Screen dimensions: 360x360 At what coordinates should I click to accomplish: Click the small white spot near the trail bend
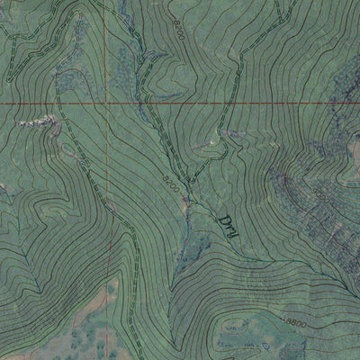coord(212,141)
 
